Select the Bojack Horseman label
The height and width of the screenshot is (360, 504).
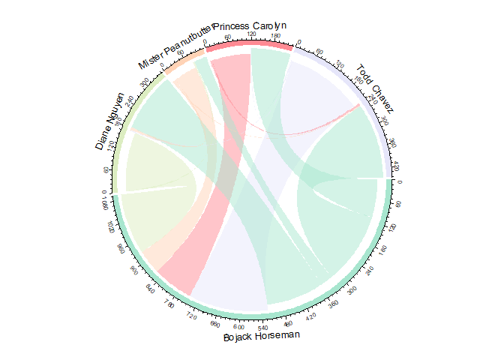(x=261, y=338)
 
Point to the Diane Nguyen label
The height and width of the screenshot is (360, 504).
(x=107, y=122)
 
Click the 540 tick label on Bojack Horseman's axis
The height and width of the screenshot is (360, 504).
(x=262, y=328)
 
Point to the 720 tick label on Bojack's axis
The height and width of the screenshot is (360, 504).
(x=191, y=317)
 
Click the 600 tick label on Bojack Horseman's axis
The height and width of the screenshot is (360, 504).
(x=238, y=328)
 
